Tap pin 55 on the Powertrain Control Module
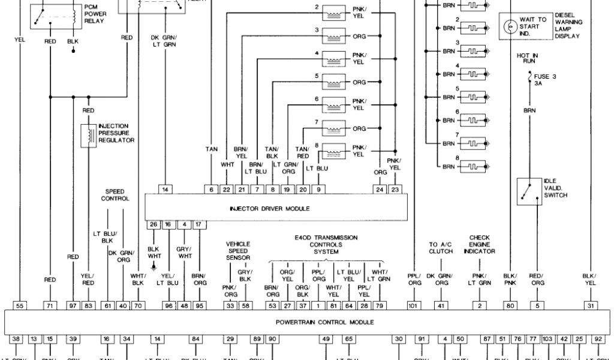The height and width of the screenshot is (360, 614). pos(20,306)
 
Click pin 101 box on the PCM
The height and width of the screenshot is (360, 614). pos(414,306)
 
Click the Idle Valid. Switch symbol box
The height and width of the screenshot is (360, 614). pos(529,190)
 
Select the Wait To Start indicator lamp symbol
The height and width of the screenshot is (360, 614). pos(510,26)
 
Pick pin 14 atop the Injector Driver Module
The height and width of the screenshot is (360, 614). pos(166,190)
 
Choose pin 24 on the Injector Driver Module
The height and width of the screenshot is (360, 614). pos(380,190)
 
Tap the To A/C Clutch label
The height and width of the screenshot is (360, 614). pos(441,248)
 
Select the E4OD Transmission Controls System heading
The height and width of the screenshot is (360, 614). pos(326,245)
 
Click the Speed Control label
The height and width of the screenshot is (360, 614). pos(115,195)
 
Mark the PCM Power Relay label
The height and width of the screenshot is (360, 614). pos(94,13)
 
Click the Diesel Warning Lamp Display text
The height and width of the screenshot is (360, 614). pos(568,26)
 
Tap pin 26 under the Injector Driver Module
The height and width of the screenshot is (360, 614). pos(153,224)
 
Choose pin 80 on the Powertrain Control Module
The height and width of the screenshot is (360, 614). pos(510,306)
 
